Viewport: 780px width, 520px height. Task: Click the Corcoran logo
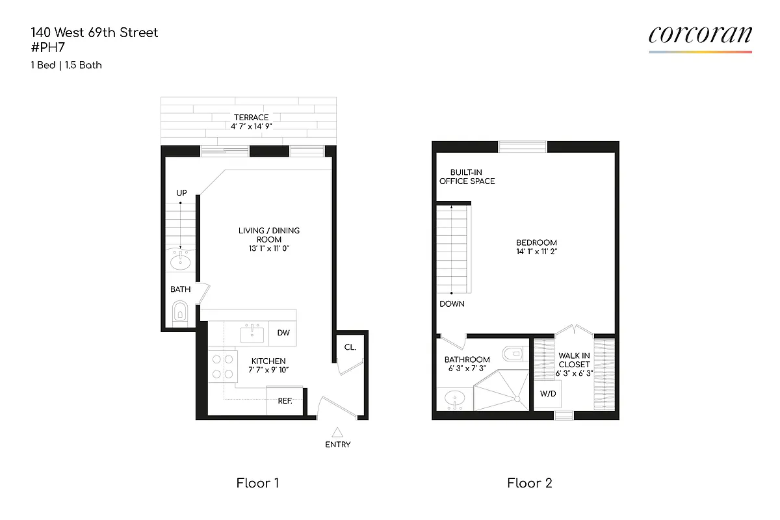click(700, 36)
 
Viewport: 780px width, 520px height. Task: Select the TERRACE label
click(251, 118)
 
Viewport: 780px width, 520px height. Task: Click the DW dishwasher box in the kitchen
click(283, 333)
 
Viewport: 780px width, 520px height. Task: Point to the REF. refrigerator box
click(285, 401)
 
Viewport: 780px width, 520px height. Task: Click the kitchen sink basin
click(252, 335)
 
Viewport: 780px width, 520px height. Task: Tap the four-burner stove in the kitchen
click(221, 366)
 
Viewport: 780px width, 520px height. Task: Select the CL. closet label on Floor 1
click(350, 347)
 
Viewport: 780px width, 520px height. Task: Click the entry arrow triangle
click(337, 431)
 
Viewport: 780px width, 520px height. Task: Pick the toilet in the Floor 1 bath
click(180, 313)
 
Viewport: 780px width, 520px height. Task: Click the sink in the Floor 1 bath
click(180, 261)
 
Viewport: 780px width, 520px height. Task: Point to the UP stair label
click(181, 193)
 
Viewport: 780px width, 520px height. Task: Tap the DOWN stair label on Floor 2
click(452, 304)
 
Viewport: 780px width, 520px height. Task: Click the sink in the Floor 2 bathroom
click(454, 397)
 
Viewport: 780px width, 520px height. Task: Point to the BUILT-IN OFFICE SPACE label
click(467, 177)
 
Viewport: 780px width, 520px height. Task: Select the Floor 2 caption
click(530, 483)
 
